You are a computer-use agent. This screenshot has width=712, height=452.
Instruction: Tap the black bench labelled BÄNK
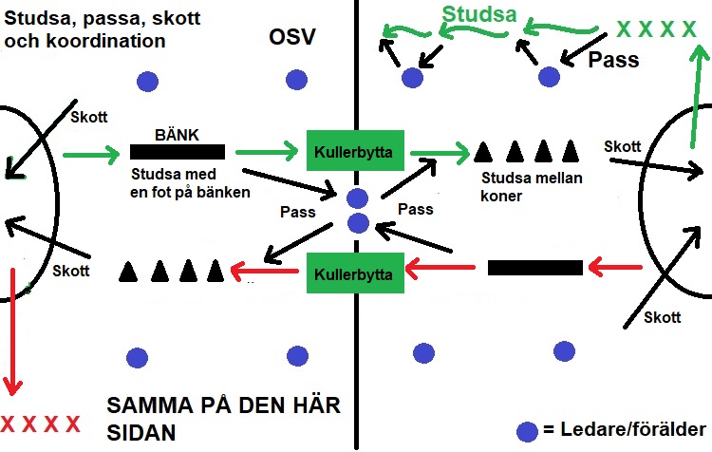pos(178,151)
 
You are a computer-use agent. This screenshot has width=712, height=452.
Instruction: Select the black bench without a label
pos(534,268)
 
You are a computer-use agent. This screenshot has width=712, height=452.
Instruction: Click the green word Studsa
pos(480,16)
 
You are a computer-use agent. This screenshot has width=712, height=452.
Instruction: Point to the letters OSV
pos(291,37)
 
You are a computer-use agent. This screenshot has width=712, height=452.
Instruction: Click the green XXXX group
pos(656,28)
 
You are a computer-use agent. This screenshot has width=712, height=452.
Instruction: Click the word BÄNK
pos(178,135)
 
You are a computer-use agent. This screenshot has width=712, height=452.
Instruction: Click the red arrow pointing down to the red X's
pos(12,332)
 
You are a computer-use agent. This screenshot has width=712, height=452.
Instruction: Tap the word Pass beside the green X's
pos(613,60)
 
